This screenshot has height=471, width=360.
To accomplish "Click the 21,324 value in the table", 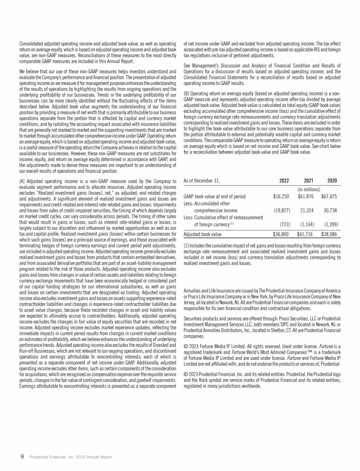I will click(307, 210).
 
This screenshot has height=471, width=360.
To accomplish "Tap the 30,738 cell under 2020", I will click(332, 210).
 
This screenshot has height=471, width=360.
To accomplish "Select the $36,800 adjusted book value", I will click(281, 234).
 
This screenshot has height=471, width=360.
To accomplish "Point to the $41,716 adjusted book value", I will click(305, 234).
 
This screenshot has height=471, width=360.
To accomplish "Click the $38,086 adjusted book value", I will click(330, 234).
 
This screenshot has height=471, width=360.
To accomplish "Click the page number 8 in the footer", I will click(21, 456).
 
